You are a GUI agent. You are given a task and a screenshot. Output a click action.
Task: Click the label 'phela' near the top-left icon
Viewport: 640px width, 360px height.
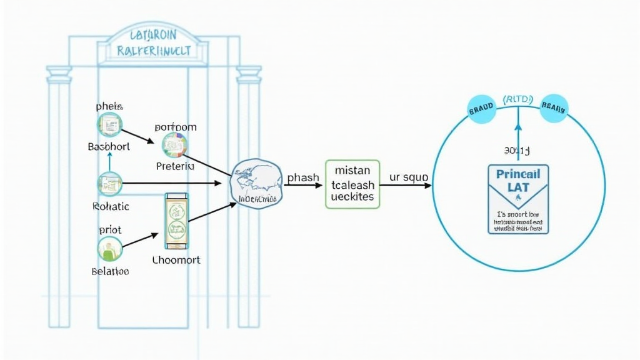110,106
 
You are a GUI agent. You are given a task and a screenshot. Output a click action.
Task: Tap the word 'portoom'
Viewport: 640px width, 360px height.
175,127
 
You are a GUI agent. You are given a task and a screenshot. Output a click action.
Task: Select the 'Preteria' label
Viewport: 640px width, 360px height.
175,166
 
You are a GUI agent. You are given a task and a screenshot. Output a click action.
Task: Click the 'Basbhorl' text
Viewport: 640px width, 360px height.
109,147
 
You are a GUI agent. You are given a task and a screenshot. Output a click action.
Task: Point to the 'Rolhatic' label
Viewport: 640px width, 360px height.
111,206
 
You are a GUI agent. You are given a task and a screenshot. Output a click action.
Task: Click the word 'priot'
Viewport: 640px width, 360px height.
110,229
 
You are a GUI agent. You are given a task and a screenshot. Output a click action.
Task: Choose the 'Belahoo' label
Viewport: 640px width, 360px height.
110,272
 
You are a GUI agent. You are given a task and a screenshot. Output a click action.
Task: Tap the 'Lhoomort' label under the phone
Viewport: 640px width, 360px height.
176,259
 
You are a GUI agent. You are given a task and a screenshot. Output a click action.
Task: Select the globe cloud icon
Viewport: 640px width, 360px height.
257,181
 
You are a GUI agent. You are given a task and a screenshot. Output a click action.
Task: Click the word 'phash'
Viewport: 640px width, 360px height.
303,177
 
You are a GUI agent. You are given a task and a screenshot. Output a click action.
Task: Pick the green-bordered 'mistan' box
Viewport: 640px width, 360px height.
352,183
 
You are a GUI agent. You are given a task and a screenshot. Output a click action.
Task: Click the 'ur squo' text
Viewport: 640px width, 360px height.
408,177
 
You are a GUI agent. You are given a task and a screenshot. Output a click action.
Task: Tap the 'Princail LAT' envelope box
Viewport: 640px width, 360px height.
518,199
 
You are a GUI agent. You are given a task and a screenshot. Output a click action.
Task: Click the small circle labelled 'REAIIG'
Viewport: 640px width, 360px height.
553,107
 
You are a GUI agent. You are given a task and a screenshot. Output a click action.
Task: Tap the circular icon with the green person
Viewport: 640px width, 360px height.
110,249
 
